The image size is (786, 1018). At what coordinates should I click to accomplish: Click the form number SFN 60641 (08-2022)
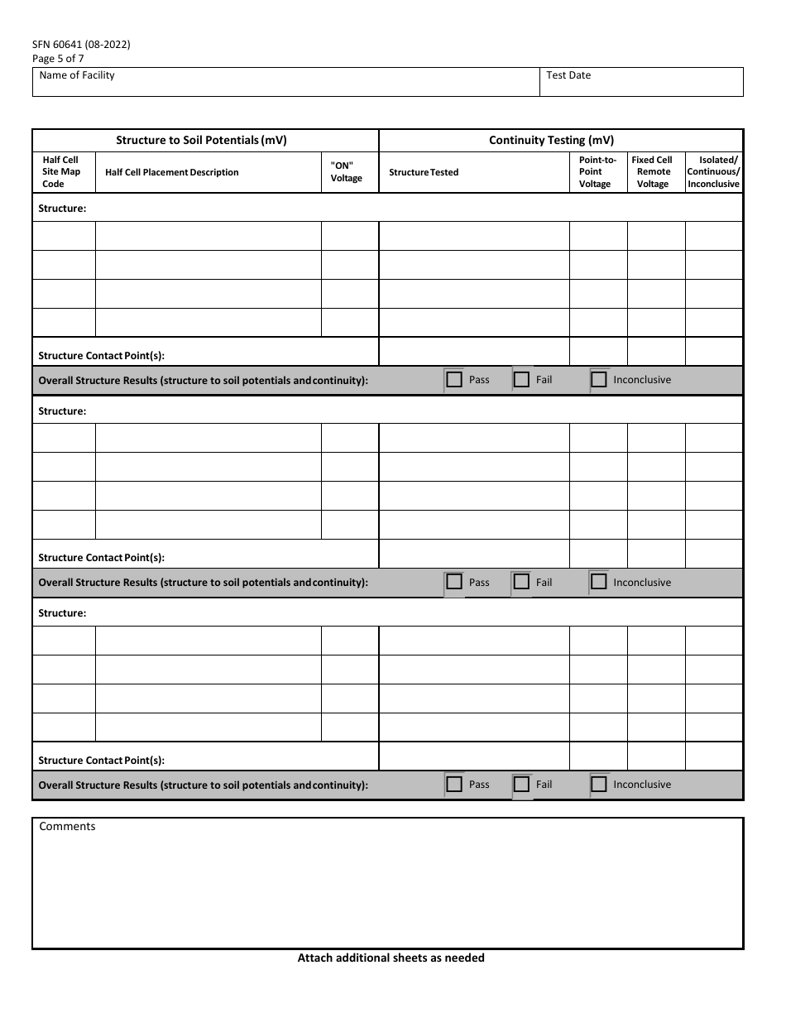(x=81, y=45)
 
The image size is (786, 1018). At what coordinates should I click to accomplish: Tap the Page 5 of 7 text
(x=58, y=59)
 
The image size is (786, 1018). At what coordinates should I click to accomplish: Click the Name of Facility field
(x=285, y=82)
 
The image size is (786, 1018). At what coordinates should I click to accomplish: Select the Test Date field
(x=641, y=82)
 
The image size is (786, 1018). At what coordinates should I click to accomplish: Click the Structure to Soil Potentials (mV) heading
(x=201, y=141)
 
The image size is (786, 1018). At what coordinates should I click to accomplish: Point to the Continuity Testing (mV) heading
(x=551, y=141)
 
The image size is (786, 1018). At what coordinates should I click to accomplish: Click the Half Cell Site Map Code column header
(x=61, y=172)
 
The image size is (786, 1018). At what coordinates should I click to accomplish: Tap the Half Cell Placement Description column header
(x=172, y=172)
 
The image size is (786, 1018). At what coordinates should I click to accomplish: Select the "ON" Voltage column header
(x=347, y=172)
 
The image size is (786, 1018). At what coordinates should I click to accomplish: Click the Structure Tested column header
(x=424, y=172)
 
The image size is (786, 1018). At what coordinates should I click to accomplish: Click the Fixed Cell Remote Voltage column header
(x=652, y=172)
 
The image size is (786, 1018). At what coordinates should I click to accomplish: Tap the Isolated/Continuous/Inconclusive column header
(x=713, y=172)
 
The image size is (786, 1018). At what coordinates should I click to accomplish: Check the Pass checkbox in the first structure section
(x=454, y=380)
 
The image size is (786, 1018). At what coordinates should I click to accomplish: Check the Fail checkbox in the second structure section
(x=521, y=582)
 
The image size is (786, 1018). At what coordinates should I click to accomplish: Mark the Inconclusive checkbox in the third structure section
(x=600, y=784)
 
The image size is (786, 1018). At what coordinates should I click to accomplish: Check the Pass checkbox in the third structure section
(x=454, y=784)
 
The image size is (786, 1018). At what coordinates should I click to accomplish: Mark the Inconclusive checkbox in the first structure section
(x=600, y=380)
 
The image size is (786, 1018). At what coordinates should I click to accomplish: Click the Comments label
(x=67, y=826)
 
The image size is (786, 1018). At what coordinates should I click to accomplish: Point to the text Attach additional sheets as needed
(x=391, y=958)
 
